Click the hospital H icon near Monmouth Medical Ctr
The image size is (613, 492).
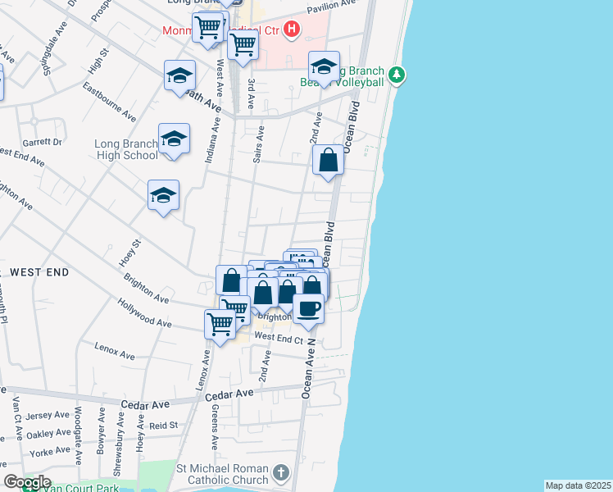[x=291, y=31]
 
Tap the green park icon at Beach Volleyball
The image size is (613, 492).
[x=397, y=75]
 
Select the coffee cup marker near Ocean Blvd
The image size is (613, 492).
[x=308, y=309]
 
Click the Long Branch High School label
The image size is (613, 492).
[x=126, y=149]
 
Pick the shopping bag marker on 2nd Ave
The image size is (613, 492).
[x=328, y=160]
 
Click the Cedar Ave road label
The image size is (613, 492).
[x=145, y=404]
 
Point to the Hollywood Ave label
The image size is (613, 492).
[x=144, y=316]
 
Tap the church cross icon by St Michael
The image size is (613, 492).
[x=281, y=472]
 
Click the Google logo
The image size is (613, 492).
[x=26, y=483]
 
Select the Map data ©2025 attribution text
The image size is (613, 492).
[x=578, y=485]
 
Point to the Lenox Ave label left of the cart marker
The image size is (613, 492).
[x=114, y=351]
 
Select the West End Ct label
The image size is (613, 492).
[x=279, y=337]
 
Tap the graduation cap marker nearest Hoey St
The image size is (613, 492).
[x=163, y=196]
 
